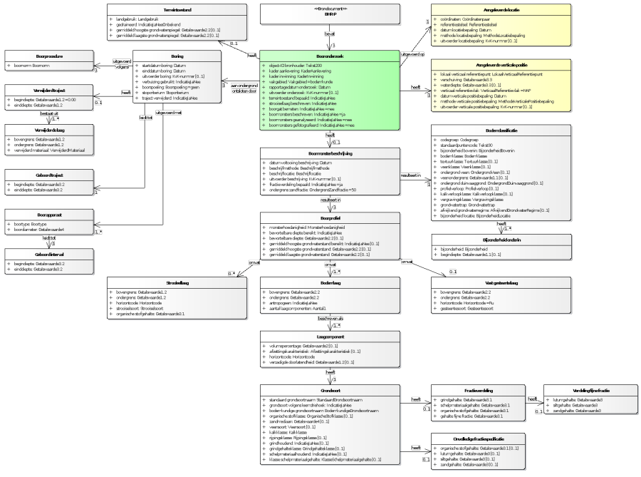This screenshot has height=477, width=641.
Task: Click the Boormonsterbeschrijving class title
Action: click(x=330, y=151)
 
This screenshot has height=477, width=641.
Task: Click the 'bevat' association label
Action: click(x=329, y=33)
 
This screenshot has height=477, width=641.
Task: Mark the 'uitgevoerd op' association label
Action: click(x=412, y=53)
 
